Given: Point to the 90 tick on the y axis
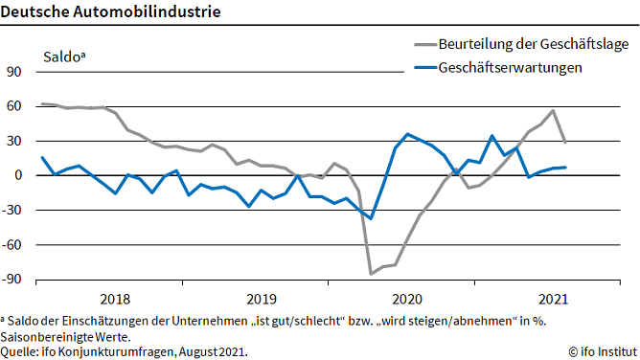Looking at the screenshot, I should [13, 72].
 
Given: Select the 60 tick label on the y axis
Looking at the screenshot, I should [13, 106].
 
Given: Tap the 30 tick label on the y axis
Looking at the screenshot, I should [13, 141].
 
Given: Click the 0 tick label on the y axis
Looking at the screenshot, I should [17, 175].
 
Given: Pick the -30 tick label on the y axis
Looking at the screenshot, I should [11, 211].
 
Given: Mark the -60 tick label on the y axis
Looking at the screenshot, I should [11, 245].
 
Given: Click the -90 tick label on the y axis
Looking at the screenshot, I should [11, 280].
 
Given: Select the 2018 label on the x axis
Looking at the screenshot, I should [114, 298].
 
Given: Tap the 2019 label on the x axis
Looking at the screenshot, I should [260, 298].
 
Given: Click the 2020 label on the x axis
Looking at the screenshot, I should [406, 298].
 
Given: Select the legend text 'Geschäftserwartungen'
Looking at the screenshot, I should [510, 68].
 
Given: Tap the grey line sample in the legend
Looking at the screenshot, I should [423, 43].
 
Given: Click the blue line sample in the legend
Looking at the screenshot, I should [423, 68].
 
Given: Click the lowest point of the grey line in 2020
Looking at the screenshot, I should [371, 274].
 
